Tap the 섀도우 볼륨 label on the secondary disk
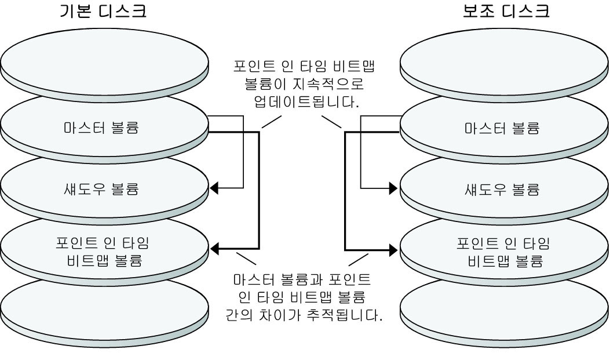tap(502, 189)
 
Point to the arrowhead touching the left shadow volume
tap(214, 188)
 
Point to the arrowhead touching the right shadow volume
tap(393, 188)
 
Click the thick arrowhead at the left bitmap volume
tap(214, 250)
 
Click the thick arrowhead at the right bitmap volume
tap(393, 250)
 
